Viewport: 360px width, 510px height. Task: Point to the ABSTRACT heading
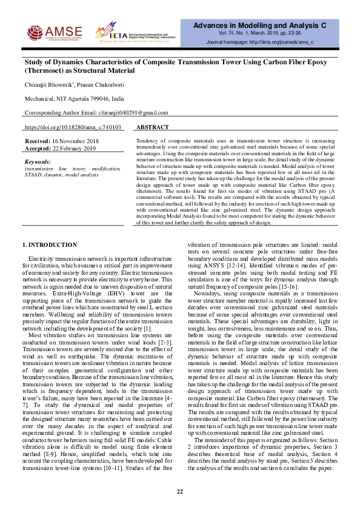coord(152,128)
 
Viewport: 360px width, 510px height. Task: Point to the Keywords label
coord(38,162)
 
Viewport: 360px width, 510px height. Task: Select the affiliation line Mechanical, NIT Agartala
coord(75,98)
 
